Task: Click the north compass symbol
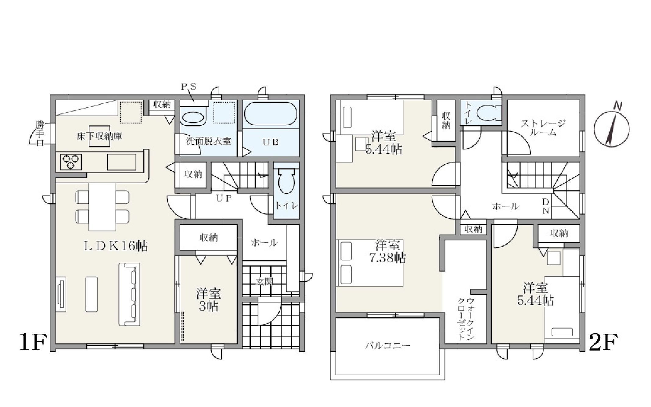tap(611, 128)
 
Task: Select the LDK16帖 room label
tap(116, 245)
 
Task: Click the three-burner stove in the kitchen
tap(71, 162)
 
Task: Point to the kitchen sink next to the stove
tap(122, 162)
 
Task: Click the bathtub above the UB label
tap(271, 113)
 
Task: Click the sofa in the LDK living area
tap(130, 294)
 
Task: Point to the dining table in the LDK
tap(102, 206)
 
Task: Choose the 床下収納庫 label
tap(99, 136)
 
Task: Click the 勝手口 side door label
tap(40, 133)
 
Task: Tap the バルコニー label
tap(387, 346)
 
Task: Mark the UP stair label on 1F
tap(224, 198)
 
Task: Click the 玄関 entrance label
tap(264, 282)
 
